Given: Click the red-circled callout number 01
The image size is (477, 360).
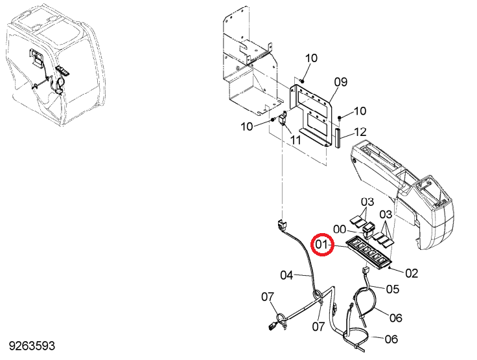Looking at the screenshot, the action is (x=322, y=245).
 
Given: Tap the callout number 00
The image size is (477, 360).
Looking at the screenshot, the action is (x=340, y=229).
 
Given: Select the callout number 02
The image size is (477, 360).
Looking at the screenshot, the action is (x=412, y=273).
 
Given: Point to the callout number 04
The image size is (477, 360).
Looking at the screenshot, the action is (x=286, y=276).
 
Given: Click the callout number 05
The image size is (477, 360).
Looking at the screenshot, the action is (x=393, y=289).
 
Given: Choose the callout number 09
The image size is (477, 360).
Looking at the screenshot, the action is (x=341, y=82).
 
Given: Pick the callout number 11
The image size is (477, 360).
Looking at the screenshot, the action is (x=296, y=140).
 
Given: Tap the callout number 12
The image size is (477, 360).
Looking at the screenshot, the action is (x=360, y=132).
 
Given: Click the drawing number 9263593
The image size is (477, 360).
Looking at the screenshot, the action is (x=32, y=346).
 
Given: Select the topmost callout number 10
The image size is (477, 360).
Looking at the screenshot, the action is (x=311, y=58).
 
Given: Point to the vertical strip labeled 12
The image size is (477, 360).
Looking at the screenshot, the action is (x=338, y=138).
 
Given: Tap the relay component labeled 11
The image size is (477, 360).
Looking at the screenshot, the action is (x=283, y=118).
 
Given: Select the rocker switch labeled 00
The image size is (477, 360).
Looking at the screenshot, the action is (x=367, y=229).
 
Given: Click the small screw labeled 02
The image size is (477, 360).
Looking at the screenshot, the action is (x=390, y=267).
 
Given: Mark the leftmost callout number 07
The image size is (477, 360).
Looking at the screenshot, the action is (x=268, y=297).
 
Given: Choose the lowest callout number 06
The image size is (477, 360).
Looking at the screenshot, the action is (x=391, y=339).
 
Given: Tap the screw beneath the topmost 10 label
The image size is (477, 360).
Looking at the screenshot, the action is (x=302, y=80).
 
